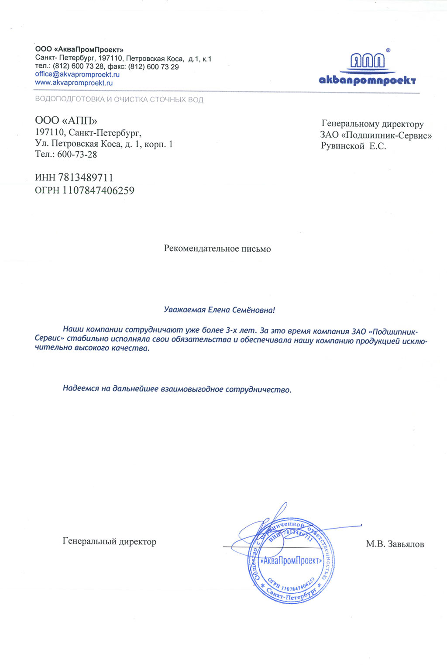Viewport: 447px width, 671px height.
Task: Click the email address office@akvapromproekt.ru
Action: pos(77,75)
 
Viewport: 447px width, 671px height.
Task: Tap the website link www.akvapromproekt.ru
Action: pos(74,83)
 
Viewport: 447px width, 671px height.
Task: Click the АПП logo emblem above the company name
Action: pos(368,62)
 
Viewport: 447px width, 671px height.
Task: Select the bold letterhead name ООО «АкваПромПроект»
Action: pos(79,50)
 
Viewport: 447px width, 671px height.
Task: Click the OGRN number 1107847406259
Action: pos(98,190)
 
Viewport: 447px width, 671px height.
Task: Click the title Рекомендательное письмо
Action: pos(217,249)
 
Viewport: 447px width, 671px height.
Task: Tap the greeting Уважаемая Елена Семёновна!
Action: pos(219,310)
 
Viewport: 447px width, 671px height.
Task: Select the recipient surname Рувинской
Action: pos(343,146)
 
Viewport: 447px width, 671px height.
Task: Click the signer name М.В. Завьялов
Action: pos(395,544)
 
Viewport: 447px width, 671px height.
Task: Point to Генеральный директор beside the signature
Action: pos(110,542)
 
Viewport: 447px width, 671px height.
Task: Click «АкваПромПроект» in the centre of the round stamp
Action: pos(291,560)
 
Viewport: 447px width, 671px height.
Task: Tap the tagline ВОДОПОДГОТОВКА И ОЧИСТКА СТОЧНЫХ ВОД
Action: pos(119,100)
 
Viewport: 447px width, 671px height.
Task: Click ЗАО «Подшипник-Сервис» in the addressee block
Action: pos(376,135)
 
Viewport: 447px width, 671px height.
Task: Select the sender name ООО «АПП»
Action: pos(66,121)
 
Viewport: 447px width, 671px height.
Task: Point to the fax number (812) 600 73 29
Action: pos(153,67)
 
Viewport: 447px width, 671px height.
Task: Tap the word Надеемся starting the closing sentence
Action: pos(81,388)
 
